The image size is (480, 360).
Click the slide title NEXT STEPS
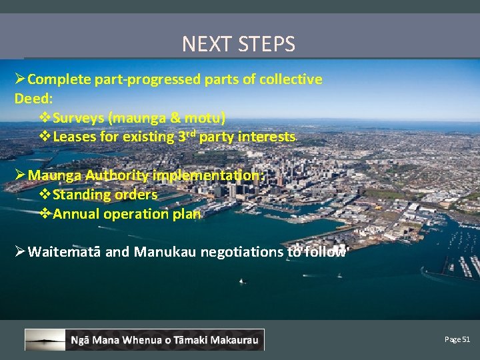coord(239,44)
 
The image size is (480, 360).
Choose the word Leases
coord(74,137)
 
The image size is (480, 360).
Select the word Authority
coord(116,175)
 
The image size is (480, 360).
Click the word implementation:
coord(209,175)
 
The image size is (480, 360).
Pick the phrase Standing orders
coord(105,195)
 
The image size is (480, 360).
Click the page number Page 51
coord(457,339)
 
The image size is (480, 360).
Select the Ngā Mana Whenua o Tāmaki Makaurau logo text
coord(165,340)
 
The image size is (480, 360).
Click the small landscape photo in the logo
coord(45,339)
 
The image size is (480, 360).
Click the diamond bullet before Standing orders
coord(45,195)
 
